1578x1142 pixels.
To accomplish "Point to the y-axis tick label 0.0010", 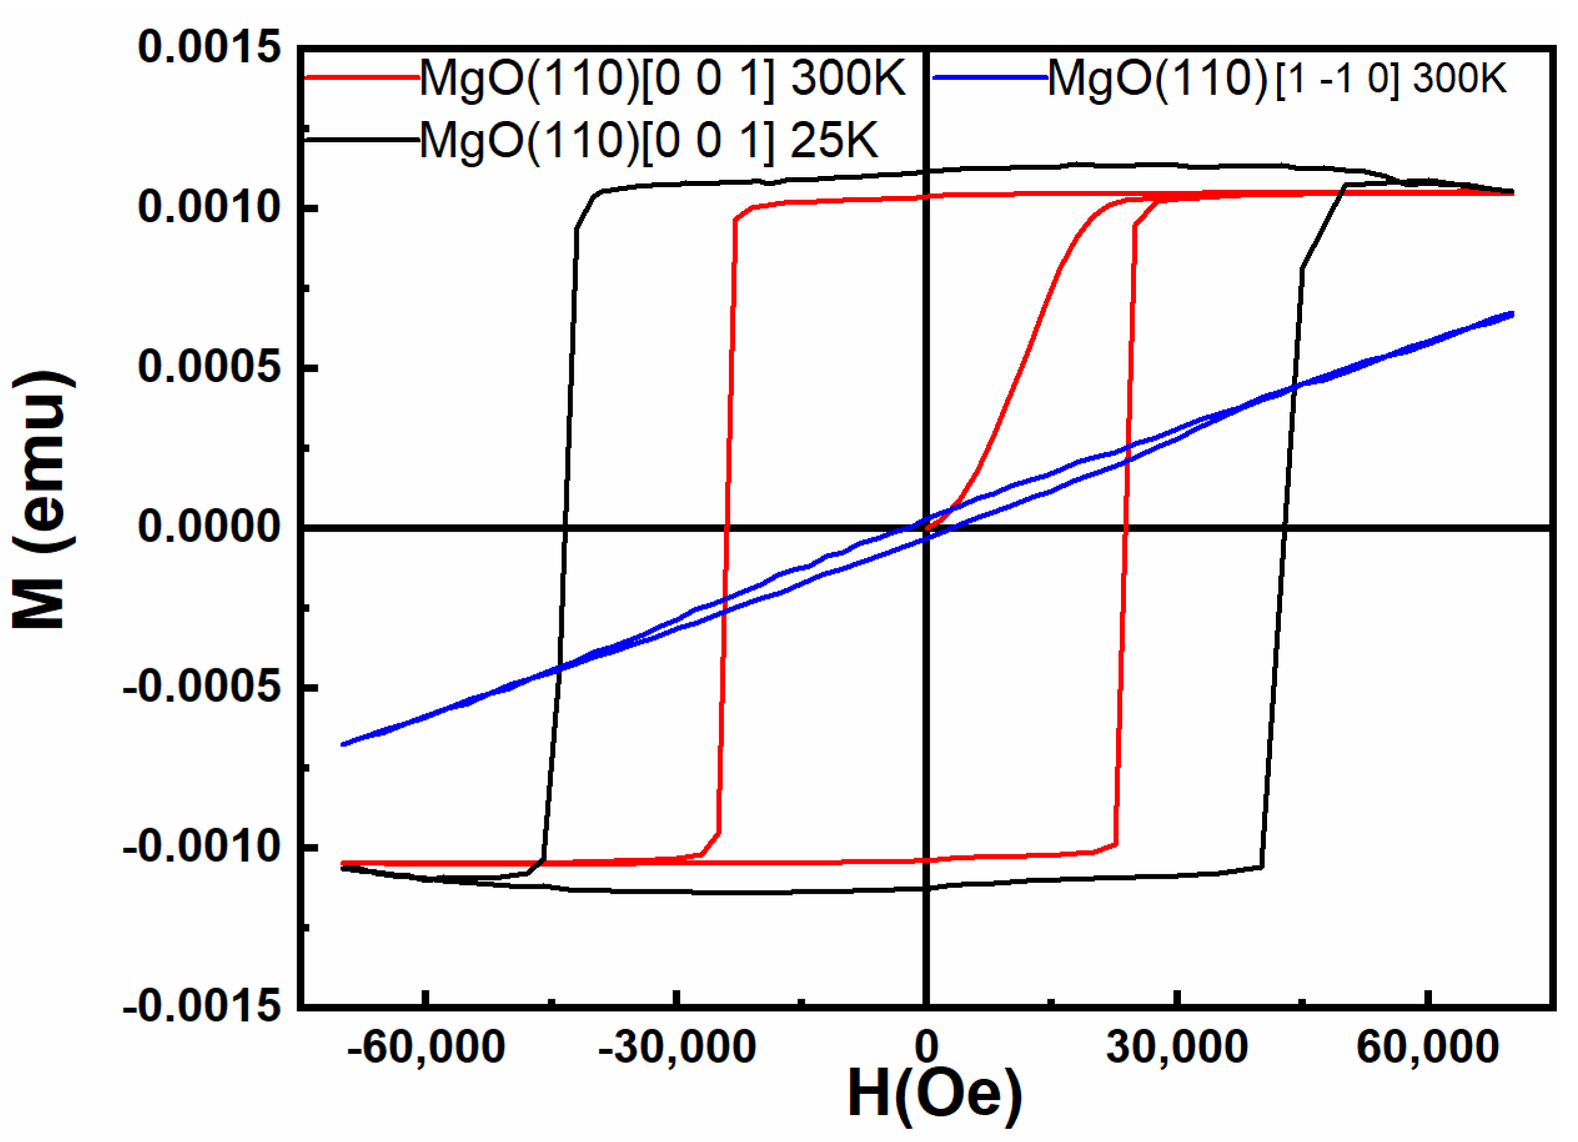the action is click(208, 207).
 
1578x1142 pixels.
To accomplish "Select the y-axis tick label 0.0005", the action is click(208, 366).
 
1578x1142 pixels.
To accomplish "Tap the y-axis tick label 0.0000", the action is click(208, 527).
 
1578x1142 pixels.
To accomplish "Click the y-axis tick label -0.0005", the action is click(201, 687).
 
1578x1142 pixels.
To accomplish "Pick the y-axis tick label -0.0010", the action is click(201, 846).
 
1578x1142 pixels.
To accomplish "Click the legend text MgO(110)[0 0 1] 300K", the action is click(662, 78).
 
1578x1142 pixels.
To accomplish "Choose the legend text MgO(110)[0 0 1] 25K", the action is click(649, 140).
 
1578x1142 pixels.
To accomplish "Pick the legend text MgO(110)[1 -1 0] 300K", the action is click(1277, 78).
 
